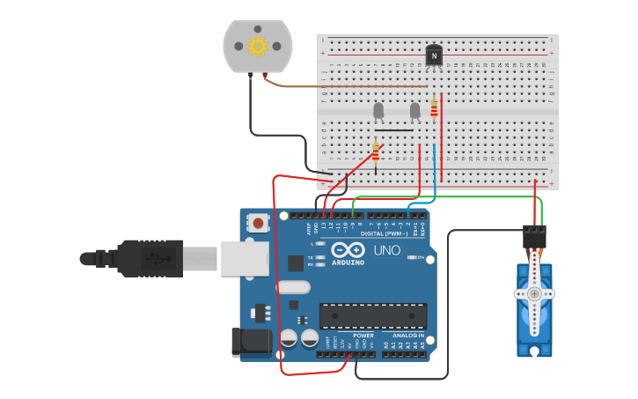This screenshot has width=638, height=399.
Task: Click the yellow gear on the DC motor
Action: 258,46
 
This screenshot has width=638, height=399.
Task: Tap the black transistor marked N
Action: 434,55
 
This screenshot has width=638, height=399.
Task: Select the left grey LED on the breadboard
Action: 378,110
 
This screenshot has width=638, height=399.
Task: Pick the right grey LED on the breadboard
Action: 415,110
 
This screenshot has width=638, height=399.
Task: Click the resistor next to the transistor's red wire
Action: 434,107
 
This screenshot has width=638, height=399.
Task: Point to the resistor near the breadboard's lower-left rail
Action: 376,151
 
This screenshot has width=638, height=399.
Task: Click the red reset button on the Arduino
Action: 257,224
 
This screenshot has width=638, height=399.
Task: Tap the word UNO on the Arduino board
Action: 386,251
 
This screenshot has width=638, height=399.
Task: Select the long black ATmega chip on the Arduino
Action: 373,316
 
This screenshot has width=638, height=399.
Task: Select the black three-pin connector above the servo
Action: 534,237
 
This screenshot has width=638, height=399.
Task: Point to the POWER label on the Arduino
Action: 363,336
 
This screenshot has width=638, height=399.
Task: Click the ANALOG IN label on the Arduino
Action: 408,336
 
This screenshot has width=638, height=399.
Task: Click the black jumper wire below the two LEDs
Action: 393,130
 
